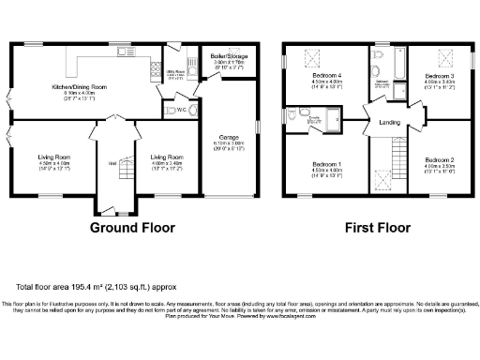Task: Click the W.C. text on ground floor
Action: [x=169, y=111]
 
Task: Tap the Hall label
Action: [x=112, y=162]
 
